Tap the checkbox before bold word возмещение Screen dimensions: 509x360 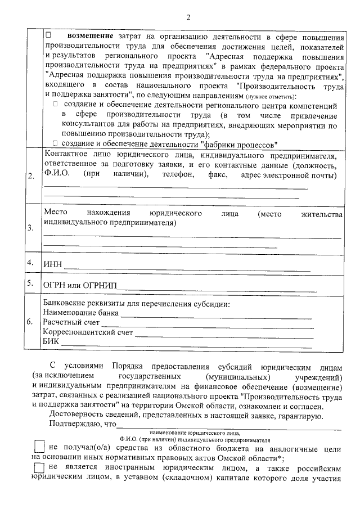pos(48,35)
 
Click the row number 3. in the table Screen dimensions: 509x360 pos(31,229)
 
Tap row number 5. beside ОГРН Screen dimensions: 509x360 pos(31,283)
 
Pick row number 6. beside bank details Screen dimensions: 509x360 pos(31,322)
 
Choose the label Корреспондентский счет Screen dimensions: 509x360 pos(88,332)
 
